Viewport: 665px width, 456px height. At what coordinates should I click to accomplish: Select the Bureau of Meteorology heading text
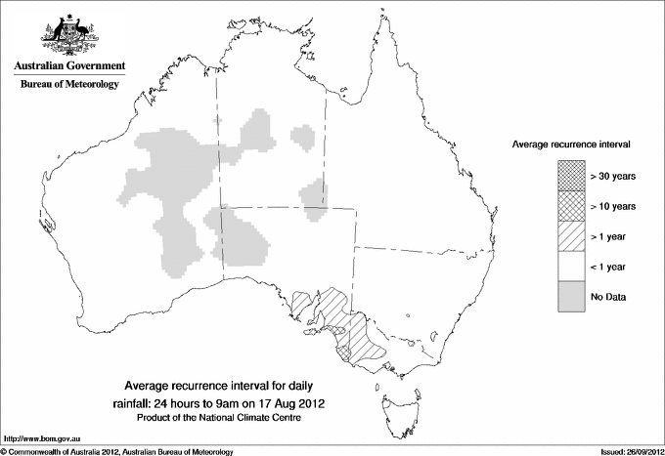point(69,85)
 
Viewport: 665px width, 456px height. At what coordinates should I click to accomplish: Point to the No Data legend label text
point(608,296)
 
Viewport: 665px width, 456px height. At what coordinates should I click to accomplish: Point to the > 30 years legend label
point(613,177)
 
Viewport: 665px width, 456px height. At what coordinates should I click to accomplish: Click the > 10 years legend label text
point(613,206)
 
